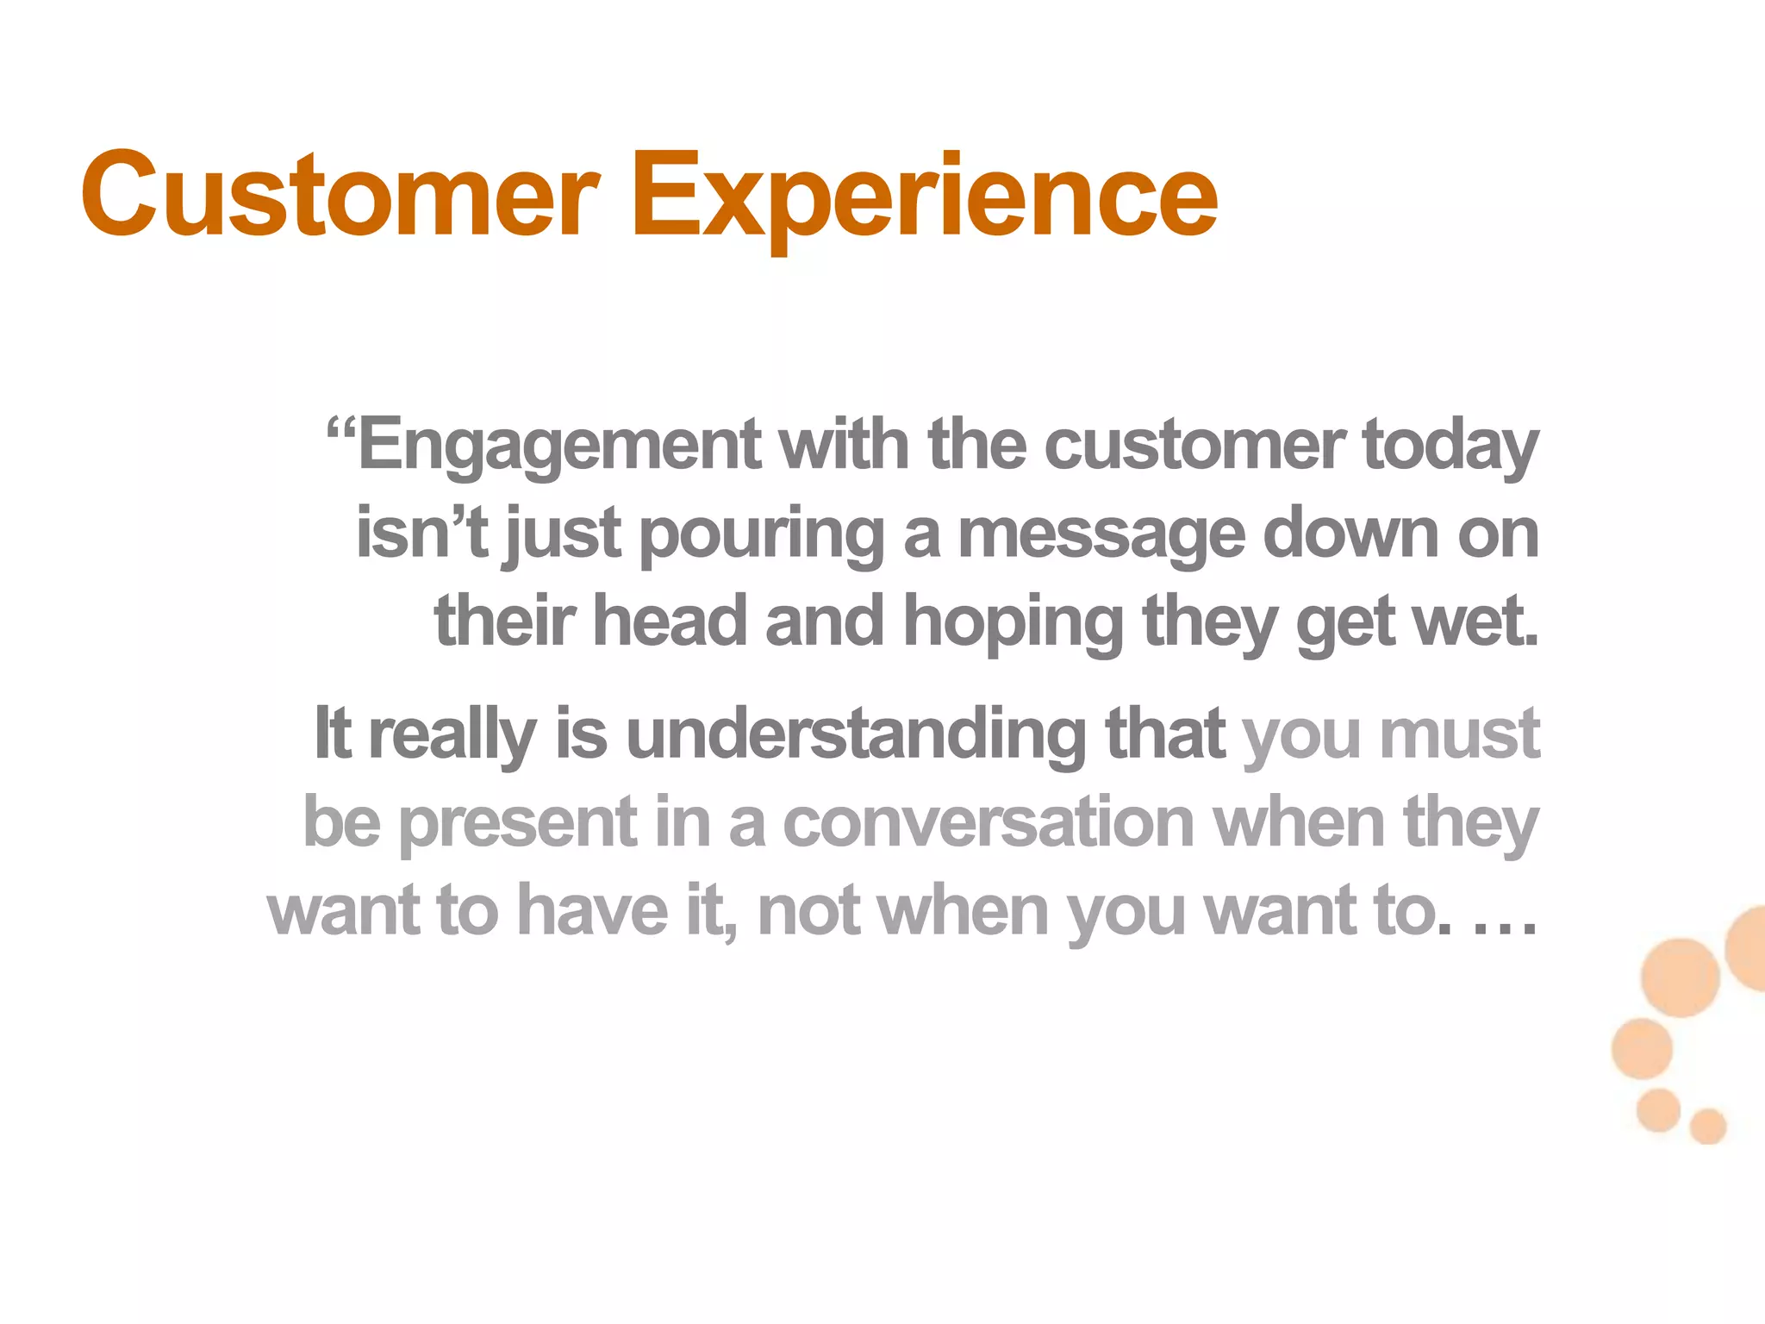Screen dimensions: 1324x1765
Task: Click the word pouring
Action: [x=762, y=535]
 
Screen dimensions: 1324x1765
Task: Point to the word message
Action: [x=1101, y=535]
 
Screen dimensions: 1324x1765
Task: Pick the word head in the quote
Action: [x=670, y=622]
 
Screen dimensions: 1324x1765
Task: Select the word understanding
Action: [x=855, y=734]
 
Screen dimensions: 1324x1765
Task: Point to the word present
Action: [x=517, y=824]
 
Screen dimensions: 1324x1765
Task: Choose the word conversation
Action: [x=988, y=822]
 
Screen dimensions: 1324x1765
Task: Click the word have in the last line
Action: [x=592, y=911]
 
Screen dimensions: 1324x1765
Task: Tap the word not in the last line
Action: [x=808, y=911]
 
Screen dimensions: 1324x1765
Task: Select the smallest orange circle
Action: [x=1707, y=1126]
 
